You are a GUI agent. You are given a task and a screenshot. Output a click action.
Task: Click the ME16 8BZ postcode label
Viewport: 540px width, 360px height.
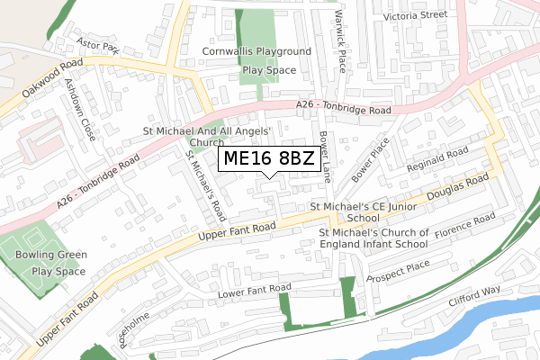[x=269, y=159]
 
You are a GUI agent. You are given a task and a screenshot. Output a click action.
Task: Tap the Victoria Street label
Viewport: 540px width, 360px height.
[x=415, y=15]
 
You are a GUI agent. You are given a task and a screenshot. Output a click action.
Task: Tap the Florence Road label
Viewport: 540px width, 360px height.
[x=465, y=226]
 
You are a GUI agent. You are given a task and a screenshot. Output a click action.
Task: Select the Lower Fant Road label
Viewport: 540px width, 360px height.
[x=256, y=292]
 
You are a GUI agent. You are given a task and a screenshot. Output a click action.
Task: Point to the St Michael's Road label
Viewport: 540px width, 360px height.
[x=205, y=185]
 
